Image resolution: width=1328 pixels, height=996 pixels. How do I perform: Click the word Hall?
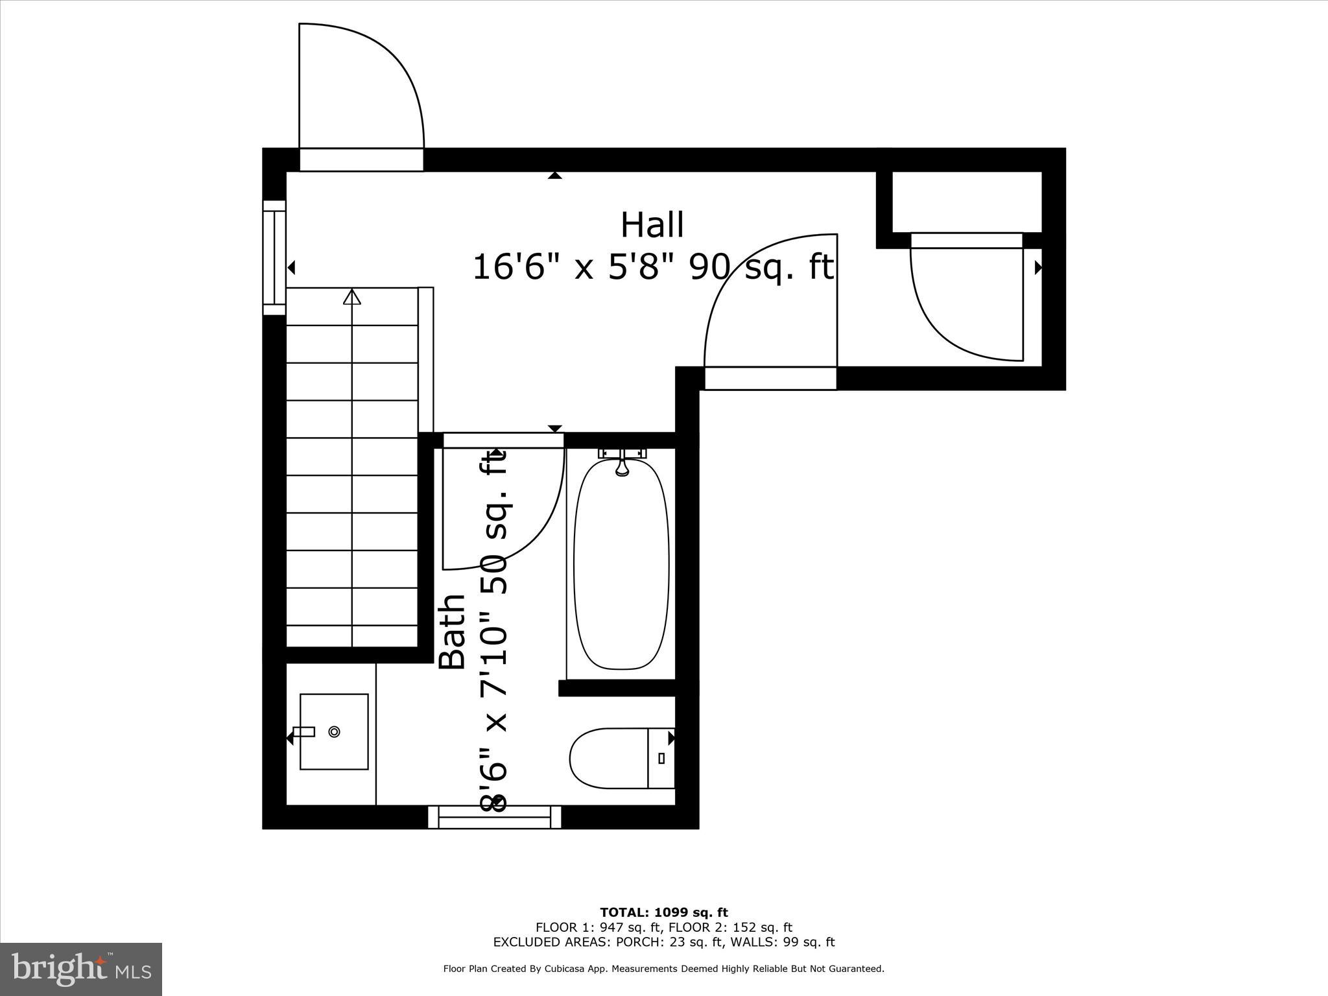point(652,226)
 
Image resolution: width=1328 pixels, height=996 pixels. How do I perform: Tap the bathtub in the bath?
point(621,564)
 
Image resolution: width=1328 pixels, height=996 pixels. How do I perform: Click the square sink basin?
point(334,731)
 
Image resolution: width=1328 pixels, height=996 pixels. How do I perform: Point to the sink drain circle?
point(335,731)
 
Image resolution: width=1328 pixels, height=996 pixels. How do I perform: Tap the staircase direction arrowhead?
point(352,297)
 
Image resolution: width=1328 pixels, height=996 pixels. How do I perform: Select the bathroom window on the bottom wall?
point(495,817)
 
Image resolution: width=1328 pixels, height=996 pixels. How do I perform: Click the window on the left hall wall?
point(274,257)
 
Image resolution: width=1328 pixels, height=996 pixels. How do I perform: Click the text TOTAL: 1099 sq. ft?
point(663,912)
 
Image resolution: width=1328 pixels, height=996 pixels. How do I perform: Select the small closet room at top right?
point(967,202)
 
